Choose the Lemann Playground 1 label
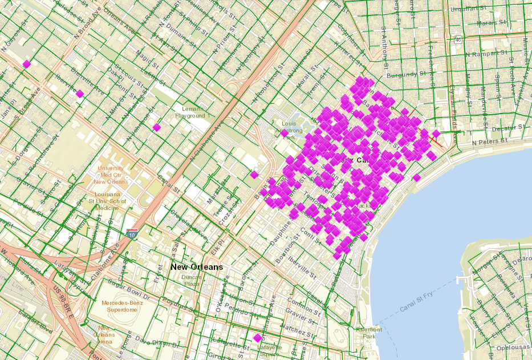click(192, 112)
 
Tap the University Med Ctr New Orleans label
click(110, 175)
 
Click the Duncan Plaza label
click(191, 280)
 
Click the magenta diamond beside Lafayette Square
click(257, 338)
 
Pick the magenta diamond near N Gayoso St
click(26, 64)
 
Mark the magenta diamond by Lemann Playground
click(156, 127)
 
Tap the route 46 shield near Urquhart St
click(458, 40)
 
